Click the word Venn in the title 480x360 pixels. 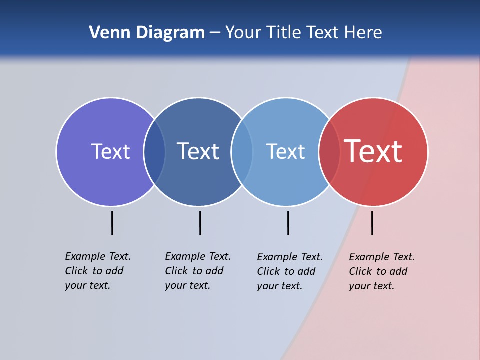click(x=105, y=32)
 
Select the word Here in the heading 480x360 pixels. click(x=363, y=32)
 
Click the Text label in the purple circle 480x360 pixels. click(x=110, y=151)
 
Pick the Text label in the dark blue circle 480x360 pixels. click(x=198, y=151)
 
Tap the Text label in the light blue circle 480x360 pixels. click(x=285, y=151)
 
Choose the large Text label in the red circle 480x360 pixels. click(x=373, y=151)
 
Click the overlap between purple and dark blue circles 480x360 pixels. click(x=154, y=151)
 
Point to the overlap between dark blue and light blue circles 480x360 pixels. click(x=242, y=151)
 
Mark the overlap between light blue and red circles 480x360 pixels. click(x=329, y=151)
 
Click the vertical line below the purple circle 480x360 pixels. click(x=112, y=223)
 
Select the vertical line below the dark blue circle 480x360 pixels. click(x=200, y=223)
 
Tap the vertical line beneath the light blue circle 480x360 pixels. click(x=288, y=223)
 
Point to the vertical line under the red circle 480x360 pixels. click(x=372, y=223)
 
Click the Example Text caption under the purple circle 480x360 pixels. click(x=97, y=271)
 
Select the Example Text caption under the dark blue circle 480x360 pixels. click(x=197, y=271)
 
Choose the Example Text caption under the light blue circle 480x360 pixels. click(x=289, y=271)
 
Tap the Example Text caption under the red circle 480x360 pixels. click(x=381, y=271)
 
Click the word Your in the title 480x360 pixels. click(x=242, y=32)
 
